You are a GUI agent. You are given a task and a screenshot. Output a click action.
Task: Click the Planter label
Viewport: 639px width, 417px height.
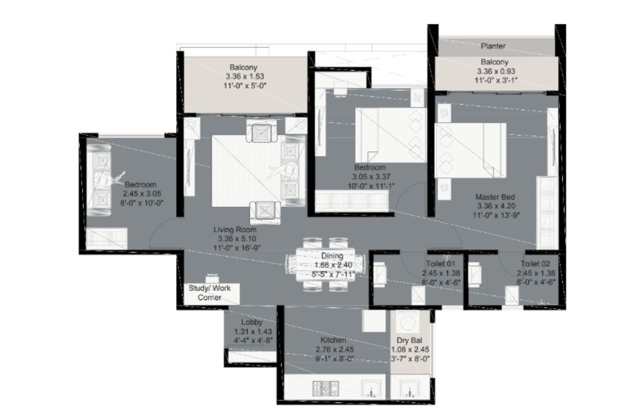493,46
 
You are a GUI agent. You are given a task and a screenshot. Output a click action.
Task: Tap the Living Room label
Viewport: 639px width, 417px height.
235,230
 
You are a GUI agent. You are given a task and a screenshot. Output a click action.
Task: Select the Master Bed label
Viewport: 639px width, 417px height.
495,197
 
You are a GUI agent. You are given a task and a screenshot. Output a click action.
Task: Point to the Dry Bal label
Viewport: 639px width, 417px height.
409,340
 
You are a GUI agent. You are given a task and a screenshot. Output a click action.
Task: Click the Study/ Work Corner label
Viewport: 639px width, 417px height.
210,293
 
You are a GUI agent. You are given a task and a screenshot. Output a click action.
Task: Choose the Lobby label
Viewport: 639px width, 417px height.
252,322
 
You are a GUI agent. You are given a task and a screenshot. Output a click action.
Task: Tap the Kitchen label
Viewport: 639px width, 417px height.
333,340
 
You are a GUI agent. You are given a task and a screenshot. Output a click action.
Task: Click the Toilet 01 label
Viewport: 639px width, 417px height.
441,264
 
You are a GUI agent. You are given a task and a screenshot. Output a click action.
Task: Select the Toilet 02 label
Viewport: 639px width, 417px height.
536,264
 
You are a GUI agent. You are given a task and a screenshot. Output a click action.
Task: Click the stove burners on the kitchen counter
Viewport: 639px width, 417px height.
326,388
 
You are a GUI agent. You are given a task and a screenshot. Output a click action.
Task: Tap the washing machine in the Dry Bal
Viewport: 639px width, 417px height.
407,323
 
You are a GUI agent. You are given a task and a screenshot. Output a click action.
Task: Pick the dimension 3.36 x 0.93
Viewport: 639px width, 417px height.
496,71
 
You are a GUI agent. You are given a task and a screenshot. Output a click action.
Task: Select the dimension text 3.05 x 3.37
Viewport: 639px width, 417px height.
371,177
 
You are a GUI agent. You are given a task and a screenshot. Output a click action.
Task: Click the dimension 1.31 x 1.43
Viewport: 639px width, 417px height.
252,332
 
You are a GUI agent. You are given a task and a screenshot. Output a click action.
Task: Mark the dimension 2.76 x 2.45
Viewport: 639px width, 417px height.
335,350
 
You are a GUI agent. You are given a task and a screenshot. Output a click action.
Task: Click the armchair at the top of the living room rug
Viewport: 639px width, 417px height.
262,131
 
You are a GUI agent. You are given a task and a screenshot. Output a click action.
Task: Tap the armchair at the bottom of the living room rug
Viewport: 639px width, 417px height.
265,212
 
